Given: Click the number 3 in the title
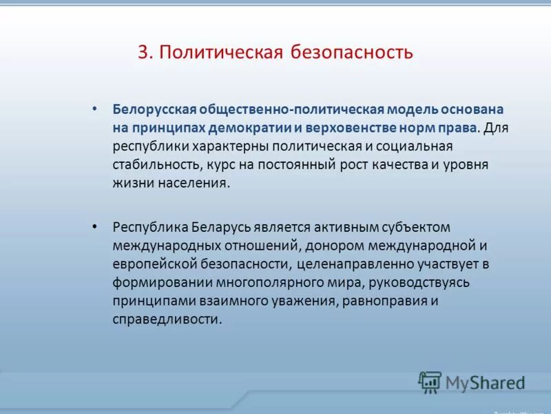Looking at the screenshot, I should coord(143,52).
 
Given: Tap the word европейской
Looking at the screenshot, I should coord(154,264).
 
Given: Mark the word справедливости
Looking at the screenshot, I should coord(167,320).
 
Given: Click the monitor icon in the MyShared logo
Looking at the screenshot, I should coord(430,382).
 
